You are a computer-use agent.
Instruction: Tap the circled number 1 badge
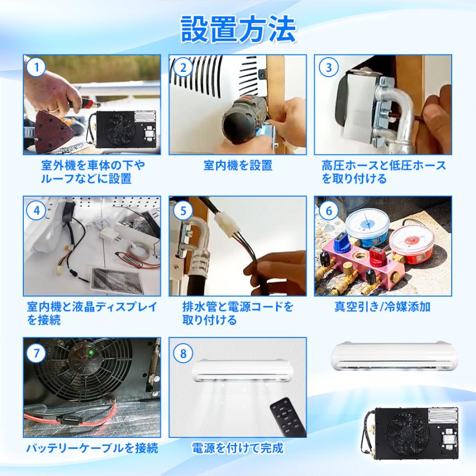point(36,67)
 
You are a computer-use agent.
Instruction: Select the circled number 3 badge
point(328,67)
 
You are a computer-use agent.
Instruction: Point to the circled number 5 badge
point(183,210)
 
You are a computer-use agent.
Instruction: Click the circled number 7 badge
point(36,353)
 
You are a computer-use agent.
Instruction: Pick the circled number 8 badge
point(183,353)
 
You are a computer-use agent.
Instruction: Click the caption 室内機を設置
point(238,166)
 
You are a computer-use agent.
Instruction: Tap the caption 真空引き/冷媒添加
point(382,307)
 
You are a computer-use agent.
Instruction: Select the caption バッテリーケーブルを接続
point(92,448)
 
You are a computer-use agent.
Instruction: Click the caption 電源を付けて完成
point(237,448)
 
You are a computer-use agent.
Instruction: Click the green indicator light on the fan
point(90,353)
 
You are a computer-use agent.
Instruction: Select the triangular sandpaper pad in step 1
point(53,131)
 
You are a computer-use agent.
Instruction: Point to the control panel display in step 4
point(117,280)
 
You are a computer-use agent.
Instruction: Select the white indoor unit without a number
point(393,356)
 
